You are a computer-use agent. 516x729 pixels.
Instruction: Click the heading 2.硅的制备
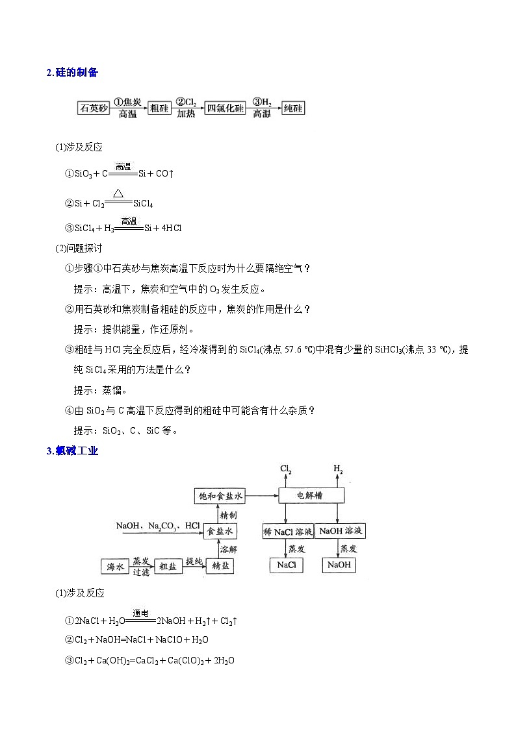[72, 73]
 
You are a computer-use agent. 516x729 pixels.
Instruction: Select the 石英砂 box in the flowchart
[93, 108]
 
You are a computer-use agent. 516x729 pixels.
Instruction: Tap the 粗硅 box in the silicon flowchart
[159, 108]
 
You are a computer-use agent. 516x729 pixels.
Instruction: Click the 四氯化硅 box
[225, 108]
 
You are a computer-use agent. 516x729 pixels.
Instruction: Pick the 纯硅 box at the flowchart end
[294, 108]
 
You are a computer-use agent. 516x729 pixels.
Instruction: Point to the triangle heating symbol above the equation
[118, 193]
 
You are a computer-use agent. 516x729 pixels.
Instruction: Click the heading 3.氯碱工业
[72, 451]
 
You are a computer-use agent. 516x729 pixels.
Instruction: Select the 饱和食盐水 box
[221, 497]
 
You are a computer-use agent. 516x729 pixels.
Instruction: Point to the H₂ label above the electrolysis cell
[338, 469]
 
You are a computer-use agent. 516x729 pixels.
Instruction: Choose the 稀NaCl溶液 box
[287, 532]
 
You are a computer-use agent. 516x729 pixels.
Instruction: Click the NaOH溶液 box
[341, 532]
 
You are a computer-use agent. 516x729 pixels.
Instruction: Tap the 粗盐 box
[168, 566]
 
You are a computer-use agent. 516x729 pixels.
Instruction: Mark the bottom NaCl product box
[287, 565]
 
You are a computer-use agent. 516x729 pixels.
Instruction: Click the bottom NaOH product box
[339, 565]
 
